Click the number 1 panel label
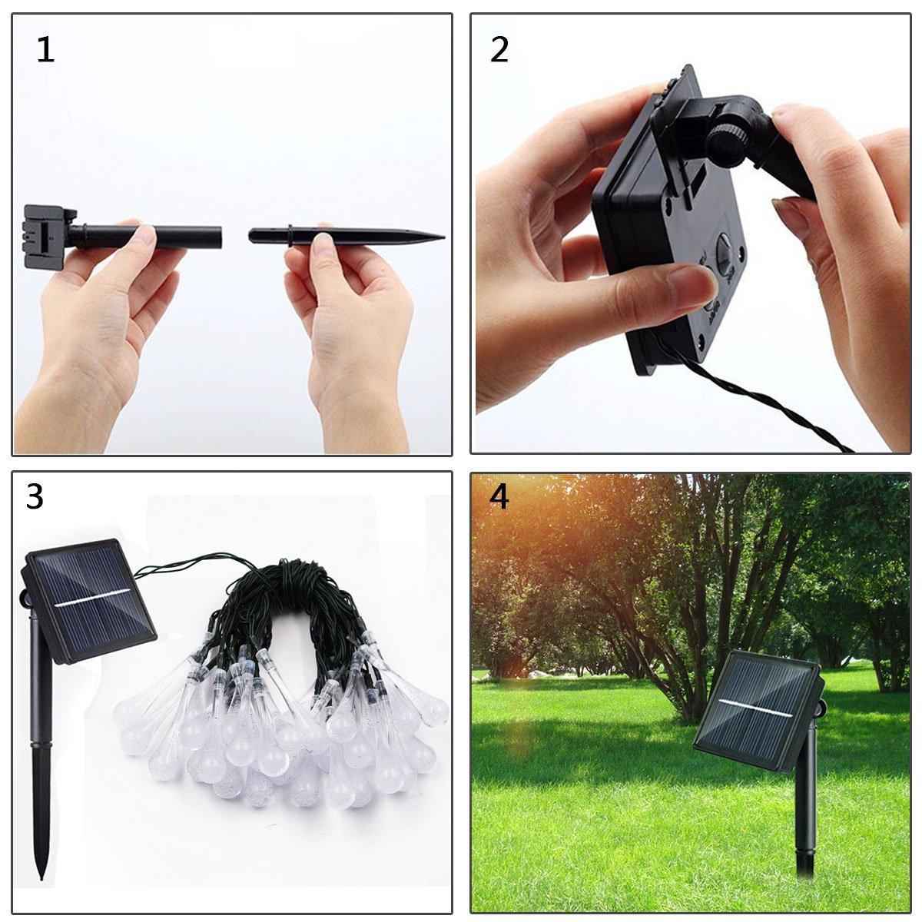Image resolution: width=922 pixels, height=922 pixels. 45,51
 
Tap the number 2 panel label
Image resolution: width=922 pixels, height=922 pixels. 499,51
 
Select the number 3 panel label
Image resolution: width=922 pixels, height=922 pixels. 35,497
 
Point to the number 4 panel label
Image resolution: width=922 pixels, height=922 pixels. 499,497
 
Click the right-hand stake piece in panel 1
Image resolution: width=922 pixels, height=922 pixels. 346,235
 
